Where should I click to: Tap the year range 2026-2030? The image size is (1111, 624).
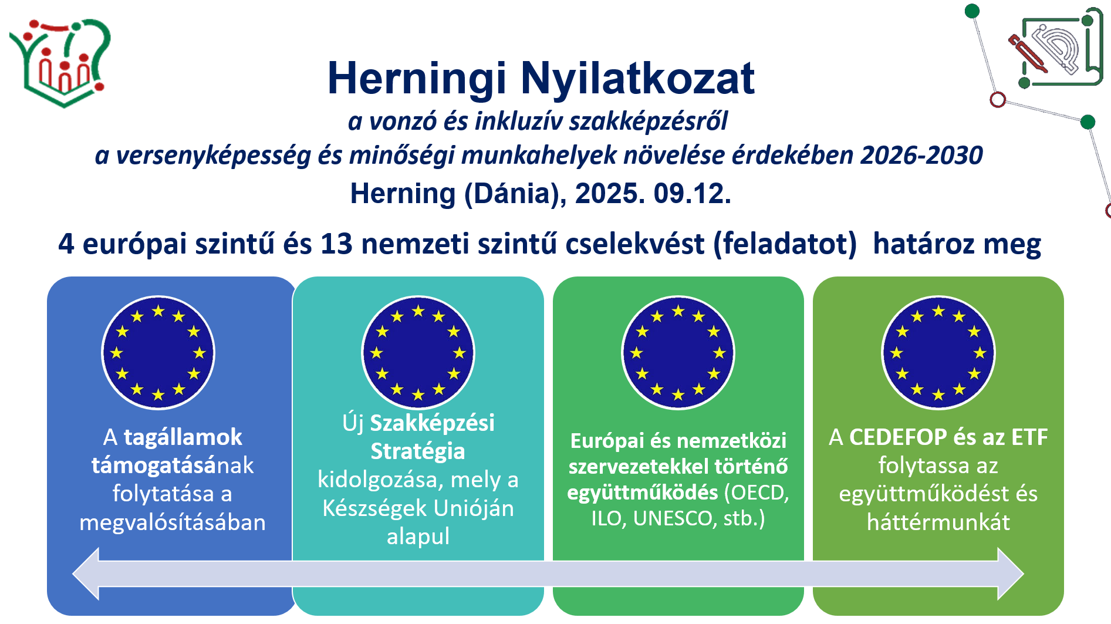pyautogui.click(x=921, y=156)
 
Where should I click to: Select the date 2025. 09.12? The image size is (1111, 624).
pyautogui.click(x=653, y=194)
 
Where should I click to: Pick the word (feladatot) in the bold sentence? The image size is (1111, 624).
pyautogui.click(x=785, y=244)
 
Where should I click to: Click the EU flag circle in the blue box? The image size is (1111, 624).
pyautogui.click(x=158, y=353)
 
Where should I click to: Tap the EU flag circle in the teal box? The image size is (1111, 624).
pyautogui.click(x=418, y=353)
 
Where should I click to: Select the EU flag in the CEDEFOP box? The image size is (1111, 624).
pyautogui.click(x=938, y=353)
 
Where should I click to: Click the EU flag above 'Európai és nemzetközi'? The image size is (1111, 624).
pyautogui.click(x=678, y=353)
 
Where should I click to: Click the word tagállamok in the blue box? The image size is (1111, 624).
pyautogui.click(x=183, y=437)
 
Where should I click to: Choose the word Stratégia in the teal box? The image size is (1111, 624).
pyautogui.click(x=418, y=451)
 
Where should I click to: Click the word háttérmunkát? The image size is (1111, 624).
pyautogui.click(x=938, y=522)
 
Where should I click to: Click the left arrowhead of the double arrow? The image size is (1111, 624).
pyautogui.click(x=86, y=574)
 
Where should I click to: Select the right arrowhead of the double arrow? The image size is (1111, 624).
pyautogui.click(x=1011, y=574)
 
